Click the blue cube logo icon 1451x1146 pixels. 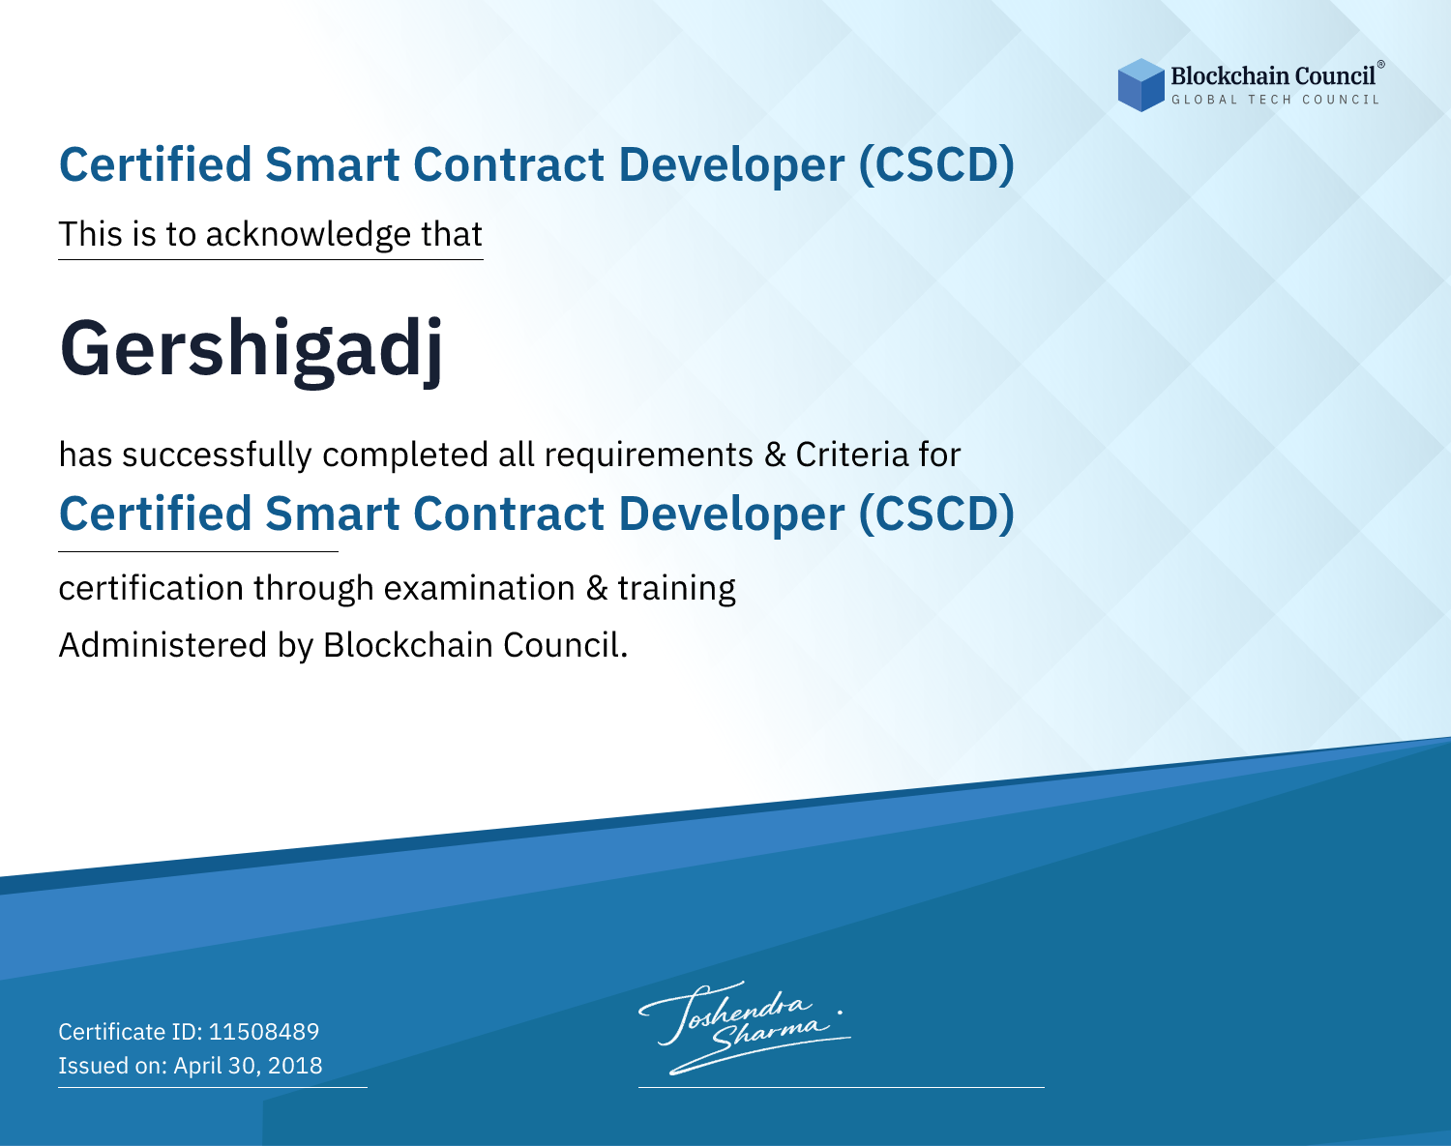point(1140,85)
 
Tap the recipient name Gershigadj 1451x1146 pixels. point(252,350)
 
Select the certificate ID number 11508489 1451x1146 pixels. point(264,1031)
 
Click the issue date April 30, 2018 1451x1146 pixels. point(248,1066)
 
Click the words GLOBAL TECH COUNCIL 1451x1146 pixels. point(1275,100)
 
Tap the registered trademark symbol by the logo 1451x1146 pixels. point(1381,65)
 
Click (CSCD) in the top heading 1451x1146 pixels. point(936,165)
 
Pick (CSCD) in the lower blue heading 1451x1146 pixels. point(936,514)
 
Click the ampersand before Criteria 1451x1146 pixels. point(775,455)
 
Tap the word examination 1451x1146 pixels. point(479,588)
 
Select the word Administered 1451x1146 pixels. point(163,645)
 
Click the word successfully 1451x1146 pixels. point(217,455)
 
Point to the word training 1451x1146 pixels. point(676,589)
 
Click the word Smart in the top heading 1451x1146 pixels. point(332,165)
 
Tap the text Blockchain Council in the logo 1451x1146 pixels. point(1272,76)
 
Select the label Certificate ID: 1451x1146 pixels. point(131,1031)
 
